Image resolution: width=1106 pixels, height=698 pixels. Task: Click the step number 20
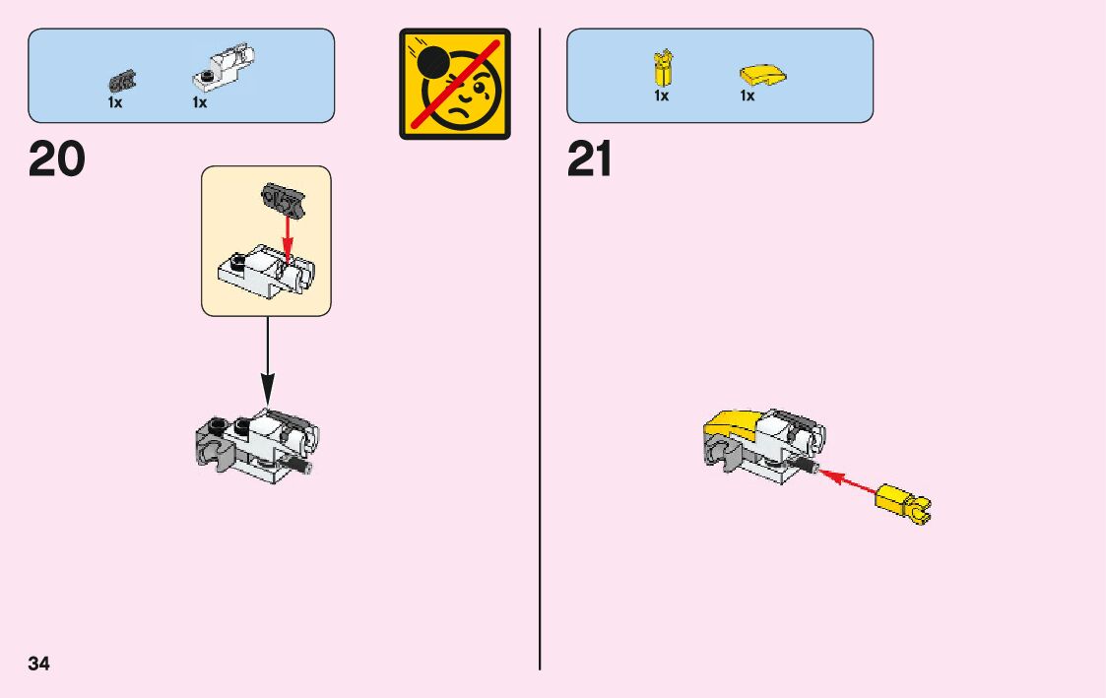(57, 159)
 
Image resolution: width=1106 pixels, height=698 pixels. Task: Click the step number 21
(590, 159)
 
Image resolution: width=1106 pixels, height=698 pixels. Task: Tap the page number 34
(38, 664)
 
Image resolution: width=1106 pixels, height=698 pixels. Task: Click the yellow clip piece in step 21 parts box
(662, 68)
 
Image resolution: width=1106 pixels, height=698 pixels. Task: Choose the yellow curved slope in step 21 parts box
(761, 74)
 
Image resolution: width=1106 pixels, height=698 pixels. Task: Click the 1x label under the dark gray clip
(115, 102)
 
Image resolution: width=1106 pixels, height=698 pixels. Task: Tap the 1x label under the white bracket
(200, 102)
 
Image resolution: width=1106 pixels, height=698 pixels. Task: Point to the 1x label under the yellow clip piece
(662, 96)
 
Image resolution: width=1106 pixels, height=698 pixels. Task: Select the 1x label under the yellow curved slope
(748, 96)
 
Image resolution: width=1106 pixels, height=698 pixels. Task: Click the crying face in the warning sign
(461, 95)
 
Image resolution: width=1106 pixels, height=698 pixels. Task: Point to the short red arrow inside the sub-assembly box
(287, 236)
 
